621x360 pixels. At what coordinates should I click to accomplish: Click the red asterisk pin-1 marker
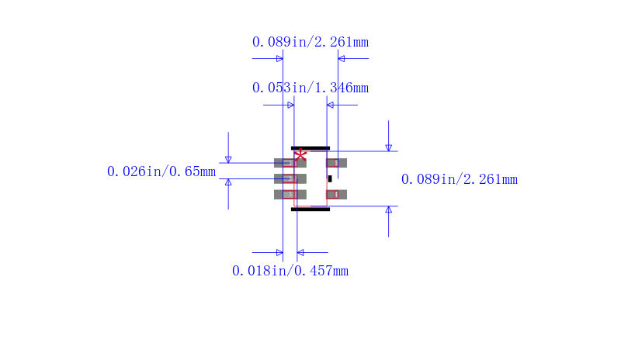point(300,155)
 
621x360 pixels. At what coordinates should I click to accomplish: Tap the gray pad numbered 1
point(290,163)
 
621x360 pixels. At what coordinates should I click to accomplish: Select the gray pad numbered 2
point(290,178)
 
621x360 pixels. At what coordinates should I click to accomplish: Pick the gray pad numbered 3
point(290,195)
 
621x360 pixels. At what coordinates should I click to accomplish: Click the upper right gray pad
point(336,163)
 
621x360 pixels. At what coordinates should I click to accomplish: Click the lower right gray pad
point(336,195)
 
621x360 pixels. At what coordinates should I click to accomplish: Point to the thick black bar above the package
point(310,148)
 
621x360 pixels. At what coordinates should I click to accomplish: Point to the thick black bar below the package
point(310,209)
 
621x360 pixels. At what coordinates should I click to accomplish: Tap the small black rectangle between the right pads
point(330,178)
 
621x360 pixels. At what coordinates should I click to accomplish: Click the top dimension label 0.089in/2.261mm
point(310,42)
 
